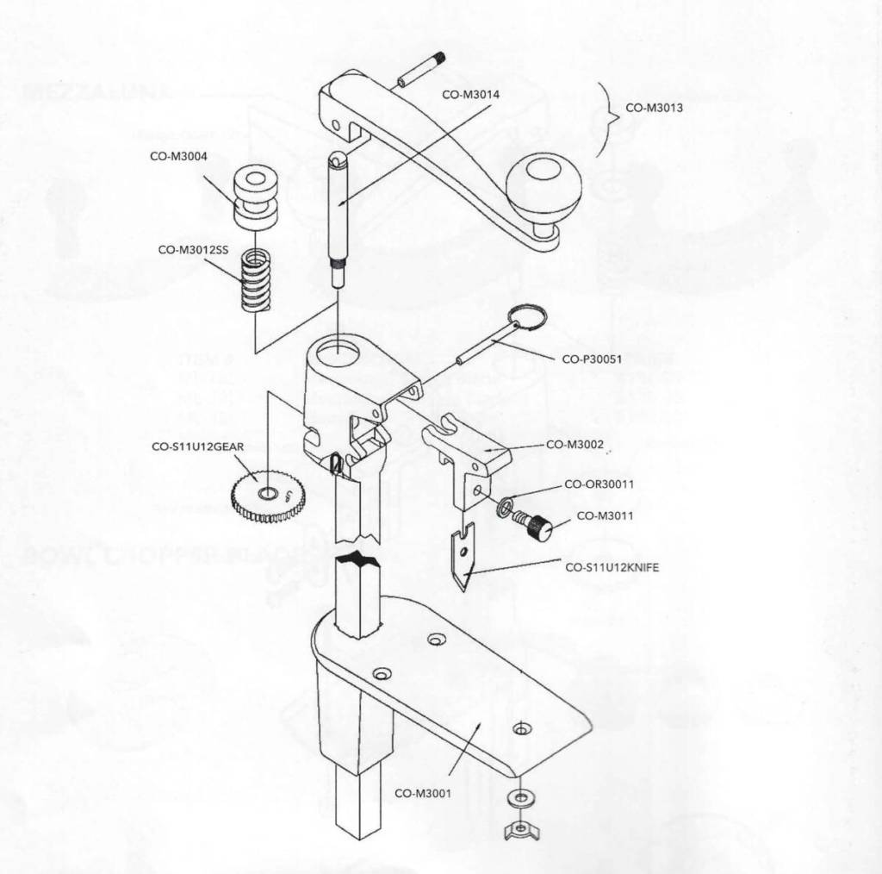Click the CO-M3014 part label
(470, 94)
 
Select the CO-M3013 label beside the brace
(655, 109)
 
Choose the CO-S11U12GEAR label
(198, 446)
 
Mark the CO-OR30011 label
(599, 484)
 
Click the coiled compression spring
(256, 280)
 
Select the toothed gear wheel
(269, 497)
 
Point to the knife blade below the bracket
(463, 559)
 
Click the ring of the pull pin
(527, 317)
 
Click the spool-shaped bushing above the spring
(255, 198)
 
